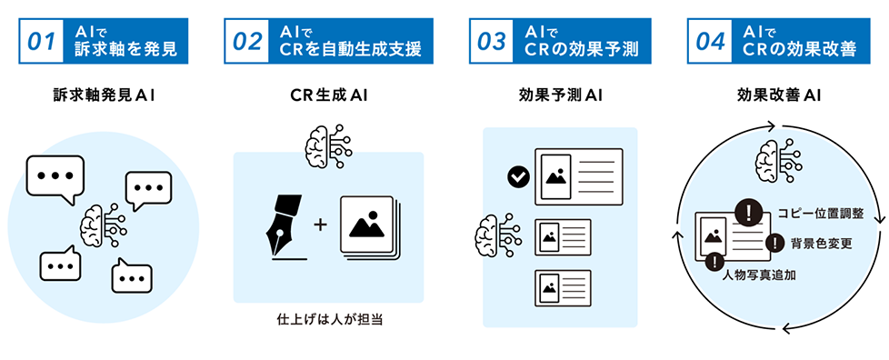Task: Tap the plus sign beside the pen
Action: click(x=319, y=222)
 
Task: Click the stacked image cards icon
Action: click(x=369, y=225)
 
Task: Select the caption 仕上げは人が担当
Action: click(x=328, y=321)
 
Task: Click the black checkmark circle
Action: click(x=518, y=177)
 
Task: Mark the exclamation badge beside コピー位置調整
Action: click(x=748, y=213)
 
